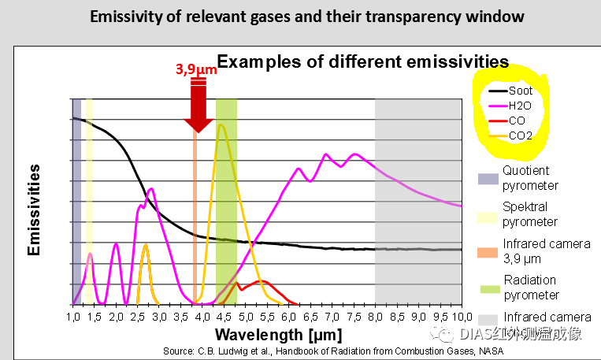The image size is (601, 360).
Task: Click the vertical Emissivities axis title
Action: (x=34, y=209)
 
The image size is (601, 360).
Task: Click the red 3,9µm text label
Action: (x=194, y=69)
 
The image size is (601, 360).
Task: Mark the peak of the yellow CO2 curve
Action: (x=222, y=125)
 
